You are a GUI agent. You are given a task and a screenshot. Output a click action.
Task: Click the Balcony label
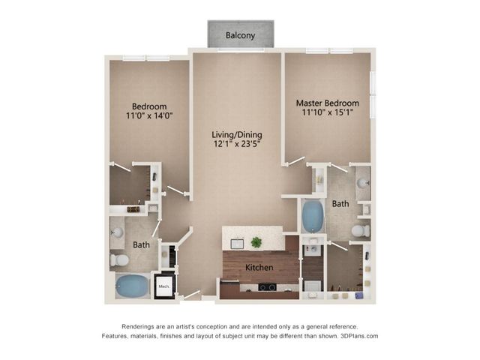(240, 35)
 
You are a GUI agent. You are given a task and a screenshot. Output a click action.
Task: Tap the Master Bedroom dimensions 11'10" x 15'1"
(328, 112)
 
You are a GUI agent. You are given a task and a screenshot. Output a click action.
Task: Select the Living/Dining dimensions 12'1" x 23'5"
(237, 144)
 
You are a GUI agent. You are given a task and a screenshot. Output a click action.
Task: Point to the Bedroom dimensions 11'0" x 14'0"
(149, 115)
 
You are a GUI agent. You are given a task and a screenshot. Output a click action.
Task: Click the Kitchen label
(259, 268)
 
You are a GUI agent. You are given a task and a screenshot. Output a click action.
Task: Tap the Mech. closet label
(163, 286)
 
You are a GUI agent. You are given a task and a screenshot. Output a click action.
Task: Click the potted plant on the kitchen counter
(256, 242)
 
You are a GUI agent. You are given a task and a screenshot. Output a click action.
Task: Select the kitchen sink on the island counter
(237, 244)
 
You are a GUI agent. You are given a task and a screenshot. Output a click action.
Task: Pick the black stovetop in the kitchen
(267, 287)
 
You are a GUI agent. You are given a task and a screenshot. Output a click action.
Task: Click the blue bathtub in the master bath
(313, 216)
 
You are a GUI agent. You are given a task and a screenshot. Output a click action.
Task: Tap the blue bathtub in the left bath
(132, 286)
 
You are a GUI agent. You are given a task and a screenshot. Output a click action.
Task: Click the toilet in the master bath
(361, 231)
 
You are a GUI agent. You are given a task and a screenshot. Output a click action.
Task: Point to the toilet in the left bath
(119, 260)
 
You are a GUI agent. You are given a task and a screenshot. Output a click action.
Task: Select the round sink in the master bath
(363, 183)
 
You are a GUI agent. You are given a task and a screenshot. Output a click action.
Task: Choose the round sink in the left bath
(117, 232)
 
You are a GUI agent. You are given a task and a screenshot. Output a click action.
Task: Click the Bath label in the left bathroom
(142, 245)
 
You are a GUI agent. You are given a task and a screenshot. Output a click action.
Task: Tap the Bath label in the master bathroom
(340, 204)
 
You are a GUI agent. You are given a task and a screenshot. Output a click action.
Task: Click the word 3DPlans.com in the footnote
(359, 336)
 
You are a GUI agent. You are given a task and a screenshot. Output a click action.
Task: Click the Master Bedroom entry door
(296, 161)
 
